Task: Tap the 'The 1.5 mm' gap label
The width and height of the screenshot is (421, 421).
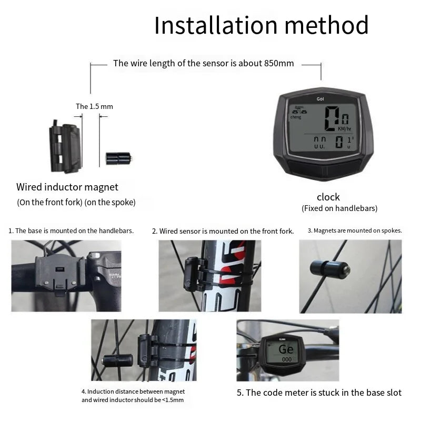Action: tap(94, 106)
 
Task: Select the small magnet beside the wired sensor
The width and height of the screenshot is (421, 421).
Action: tap(118, 158)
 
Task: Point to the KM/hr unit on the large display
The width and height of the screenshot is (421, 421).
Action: tap(345, 129)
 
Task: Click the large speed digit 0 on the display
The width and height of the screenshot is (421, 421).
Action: tap(332, 119)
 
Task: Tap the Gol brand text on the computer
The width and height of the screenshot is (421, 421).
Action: tap(320, 99)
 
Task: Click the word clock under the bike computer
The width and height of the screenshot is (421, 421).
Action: tap(328, 197)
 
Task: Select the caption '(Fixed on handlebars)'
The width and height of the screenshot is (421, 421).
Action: tap(339, 208)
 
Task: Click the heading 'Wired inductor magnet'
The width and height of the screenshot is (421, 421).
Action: tap(67, 187)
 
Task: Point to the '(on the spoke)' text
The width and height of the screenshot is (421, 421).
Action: tap(110, 202)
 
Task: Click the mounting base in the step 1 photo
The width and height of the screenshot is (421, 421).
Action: tap(59, 274)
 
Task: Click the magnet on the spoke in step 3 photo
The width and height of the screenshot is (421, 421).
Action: tap(330, 269)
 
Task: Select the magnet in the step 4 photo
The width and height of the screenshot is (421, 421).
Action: tap(117, 360)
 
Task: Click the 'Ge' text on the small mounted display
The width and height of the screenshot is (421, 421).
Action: tap(286, 349)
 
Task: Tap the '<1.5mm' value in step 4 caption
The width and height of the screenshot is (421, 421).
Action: tap(173, 400)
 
